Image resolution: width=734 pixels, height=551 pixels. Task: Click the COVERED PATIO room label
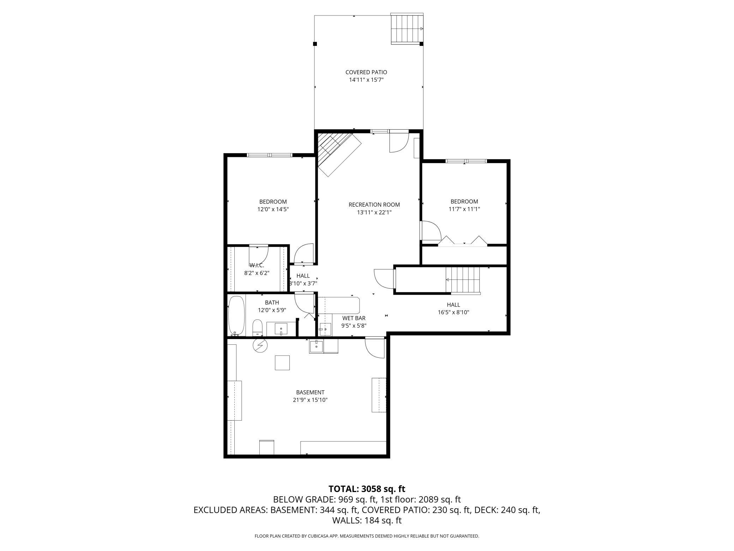click(366, 72)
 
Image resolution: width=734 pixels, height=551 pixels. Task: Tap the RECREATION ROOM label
click(374, 205)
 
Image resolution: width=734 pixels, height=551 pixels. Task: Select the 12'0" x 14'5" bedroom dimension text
click(273, 209)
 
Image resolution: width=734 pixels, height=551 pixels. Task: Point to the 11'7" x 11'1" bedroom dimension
click(464, 209)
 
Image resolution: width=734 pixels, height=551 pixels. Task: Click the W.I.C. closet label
click(257, 265)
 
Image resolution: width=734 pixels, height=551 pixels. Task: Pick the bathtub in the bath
click(236, 315)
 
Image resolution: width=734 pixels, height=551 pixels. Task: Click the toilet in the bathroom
click(258, 328)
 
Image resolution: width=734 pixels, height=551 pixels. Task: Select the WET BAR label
click(354, 318)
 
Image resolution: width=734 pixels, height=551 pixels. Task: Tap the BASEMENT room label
click(310, 392)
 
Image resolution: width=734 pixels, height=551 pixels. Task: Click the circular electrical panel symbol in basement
click(260, 345)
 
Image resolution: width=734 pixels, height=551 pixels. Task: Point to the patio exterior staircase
click(407, 29)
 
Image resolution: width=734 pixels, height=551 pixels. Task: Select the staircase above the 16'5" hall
click(463, 280)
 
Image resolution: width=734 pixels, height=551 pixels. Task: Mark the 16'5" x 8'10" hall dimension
click(453, 312)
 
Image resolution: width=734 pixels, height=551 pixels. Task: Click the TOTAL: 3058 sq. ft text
click(367, 489)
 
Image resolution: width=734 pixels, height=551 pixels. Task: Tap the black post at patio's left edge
click(315, 44)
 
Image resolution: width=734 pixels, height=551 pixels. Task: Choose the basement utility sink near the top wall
click(316, 346)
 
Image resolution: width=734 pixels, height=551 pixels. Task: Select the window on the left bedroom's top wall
click(270, 155)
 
